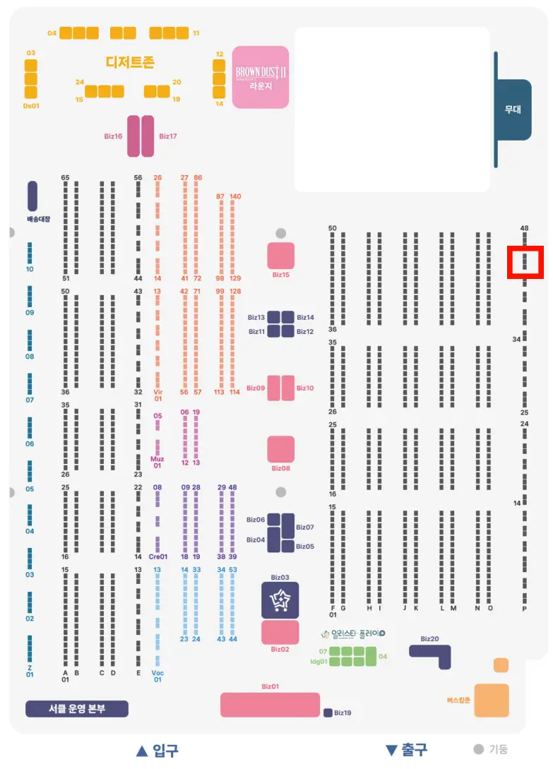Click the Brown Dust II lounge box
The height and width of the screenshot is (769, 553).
coord(261,76)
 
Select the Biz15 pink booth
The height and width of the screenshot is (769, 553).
coord(280,256)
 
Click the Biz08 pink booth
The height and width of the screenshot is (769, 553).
coord(280,449)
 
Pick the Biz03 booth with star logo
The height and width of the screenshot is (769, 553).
coord(280,600)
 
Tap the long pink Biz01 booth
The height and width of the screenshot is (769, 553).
coord(270,704)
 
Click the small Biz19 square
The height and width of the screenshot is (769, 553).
coord(328,713)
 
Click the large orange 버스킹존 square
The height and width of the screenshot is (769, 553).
coord(492,701)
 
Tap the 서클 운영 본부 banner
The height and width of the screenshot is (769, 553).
coord(77,709)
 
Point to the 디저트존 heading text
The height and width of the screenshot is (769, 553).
coord(130,62)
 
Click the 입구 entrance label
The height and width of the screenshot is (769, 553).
coord(157,750)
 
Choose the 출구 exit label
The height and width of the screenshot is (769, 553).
coord(407,750)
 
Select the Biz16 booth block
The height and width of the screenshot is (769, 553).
coord(133,136)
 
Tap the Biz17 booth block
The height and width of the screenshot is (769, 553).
coord(148,136)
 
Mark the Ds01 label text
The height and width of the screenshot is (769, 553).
coord(30,106)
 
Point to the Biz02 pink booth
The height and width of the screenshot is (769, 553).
coord(280,633)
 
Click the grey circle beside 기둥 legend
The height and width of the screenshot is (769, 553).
coord(478,750)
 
